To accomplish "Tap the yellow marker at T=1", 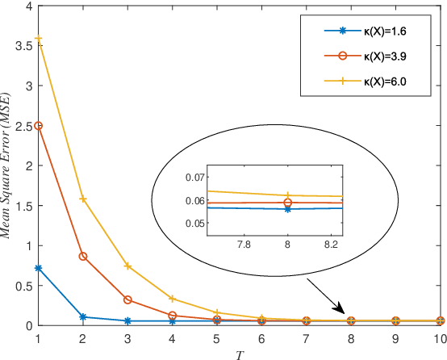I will tap(38, 40).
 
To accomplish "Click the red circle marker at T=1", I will tap(38, 126).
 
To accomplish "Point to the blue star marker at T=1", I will tap(38, 268).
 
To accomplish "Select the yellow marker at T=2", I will tap(83, 199).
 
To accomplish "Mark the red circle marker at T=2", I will tap(83, 256).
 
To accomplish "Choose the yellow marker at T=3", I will tap(127, 266).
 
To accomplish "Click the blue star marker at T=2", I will tap(83, 317).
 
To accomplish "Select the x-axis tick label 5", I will tap(217, 338).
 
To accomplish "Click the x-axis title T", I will tap(240, 354).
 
